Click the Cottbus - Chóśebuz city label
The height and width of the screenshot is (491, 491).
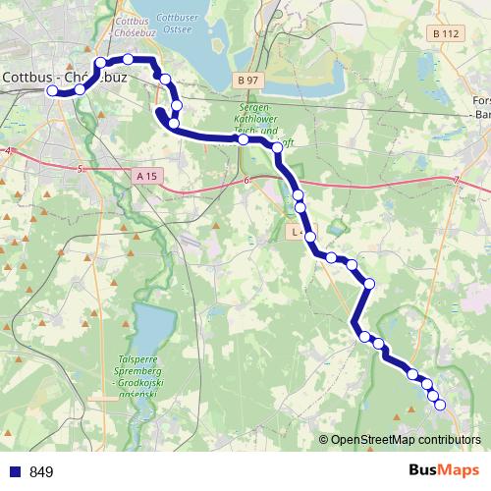(61, 75)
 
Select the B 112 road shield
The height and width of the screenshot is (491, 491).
(445, 32)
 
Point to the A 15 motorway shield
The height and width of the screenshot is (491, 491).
(146, 175)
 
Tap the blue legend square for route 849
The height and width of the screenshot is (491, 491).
(15, 471)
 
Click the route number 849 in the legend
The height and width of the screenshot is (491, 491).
(41, 472)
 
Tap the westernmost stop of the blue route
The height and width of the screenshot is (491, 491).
(53, 90)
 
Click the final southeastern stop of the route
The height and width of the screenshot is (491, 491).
(440, 405)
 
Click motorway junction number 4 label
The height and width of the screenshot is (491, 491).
(7, 150)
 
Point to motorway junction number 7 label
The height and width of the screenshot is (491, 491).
(457, 179)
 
